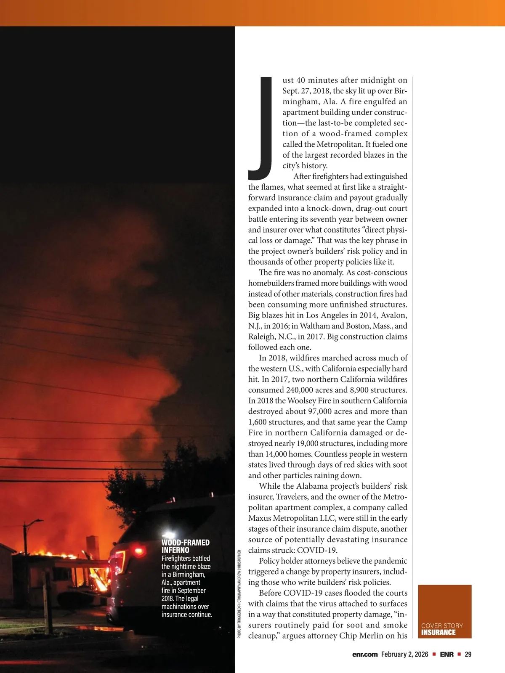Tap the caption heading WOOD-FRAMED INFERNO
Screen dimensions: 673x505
(185, 546)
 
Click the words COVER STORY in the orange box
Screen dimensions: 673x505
(442, 625)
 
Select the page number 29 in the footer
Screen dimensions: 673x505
(468, 654)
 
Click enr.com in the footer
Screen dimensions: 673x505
(365, 654)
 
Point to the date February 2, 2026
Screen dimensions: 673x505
(404, 654)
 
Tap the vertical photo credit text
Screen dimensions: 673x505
(239, 594)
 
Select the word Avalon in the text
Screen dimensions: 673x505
(394, 315)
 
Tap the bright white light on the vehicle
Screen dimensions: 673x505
(172, 534)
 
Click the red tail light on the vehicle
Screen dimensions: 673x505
(138, 551)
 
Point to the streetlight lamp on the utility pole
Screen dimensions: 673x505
(39, 520)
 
